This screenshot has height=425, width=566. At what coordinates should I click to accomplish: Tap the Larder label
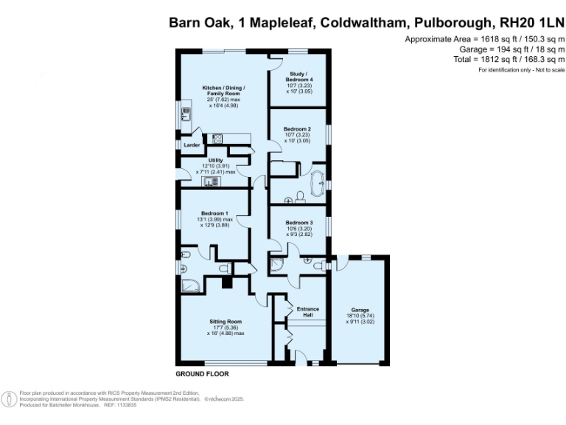(x=192, y=145)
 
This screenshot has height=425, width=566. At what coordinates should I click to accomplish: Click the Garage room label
(x=359, y=310)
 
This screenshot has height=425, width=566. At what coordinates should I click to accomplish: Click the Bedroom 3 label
(x=299, y=223)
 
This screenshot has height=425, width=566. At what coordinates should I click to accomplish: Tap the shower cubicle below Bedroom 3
(x=278, y=263)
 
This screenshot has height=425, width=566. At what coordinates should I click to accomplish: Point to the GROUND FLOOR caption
(x=202, y=374)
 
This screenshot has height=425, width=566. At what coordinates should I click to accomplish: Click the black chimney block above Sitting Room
(x=228, y=281)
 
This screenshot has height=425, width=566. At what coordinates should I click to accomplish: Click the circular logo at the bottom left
(x=10, y=399)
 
